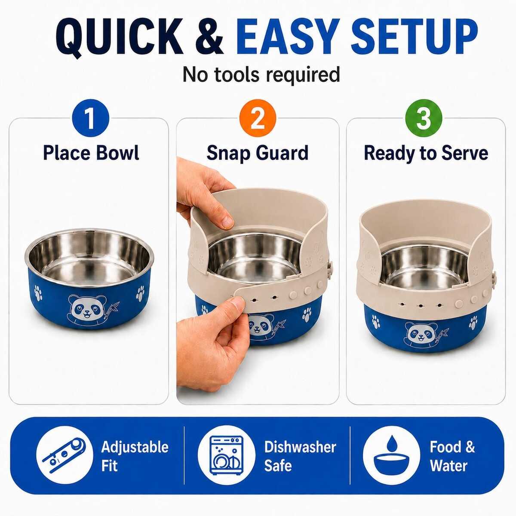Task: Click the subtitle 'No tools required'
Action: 261,74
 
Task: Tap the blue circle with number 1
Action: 90,118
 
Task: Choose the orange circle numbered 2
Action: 258,118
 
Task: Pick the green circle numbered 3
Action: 424,118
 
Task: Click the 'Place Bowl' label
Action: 91,153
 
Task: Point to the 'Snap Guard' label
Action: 257,154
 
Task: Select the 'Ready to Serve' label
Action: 426,154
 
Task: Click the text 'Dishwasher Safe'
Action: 300,456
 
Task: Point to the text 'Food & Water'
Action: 452,456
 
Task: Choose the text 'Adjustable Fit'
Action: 135,456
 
